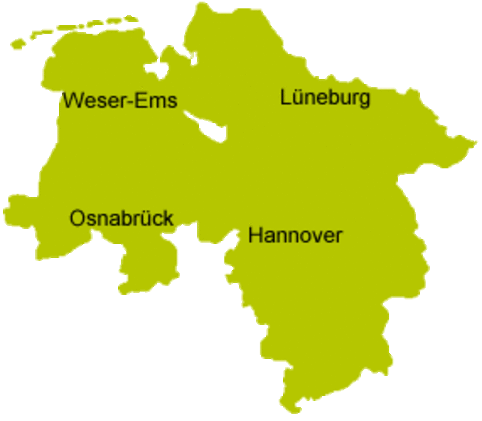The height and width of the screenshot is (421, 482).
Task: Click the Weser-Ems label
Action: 120,100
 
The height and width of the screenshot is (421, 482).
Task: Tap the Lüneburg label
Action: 325,97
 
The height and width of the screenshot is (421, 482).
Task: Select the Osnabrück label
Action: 122,218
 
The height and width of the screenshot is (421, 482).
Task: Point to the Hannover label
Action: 295,235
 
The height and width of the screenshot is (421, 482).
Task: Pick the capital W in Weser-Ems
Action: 73,100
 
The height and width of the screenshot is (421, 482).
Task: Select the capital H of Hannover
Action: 255,235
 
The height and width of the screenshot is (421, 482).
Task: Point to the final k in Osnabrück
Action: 168,218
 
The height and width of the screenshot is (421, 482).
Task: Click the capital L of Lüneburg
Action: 286,97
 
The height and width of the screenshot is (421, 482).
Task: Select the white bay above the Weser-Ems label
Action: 154,69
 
